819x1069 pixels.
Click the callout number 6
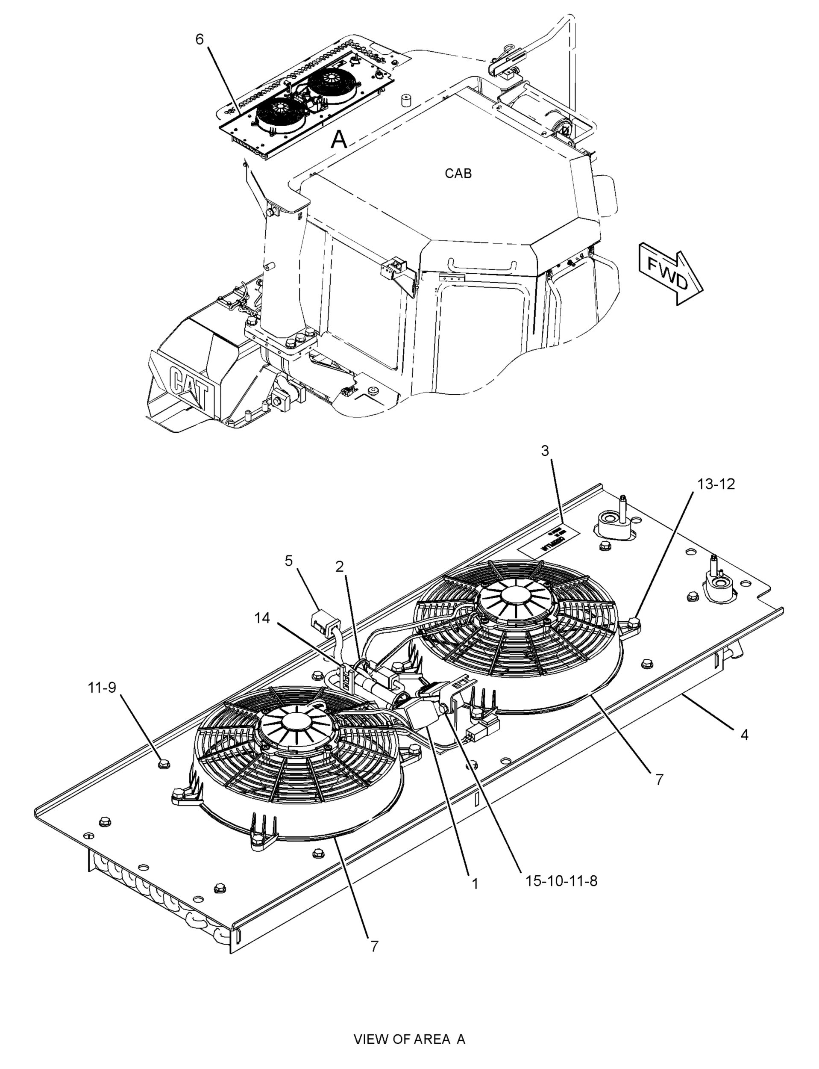200,39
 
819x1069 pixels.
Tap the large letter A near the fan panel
339,139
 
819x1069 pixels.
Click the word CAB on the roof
458,173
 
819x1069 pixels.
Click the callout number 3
545,451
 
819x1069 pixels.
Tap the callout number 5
289,561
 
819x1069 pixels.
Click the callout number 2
339,566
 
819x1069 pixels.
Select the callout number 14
262,618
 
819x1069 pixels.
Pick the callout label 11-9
102,688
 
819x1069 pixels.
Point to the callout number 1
475,883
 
